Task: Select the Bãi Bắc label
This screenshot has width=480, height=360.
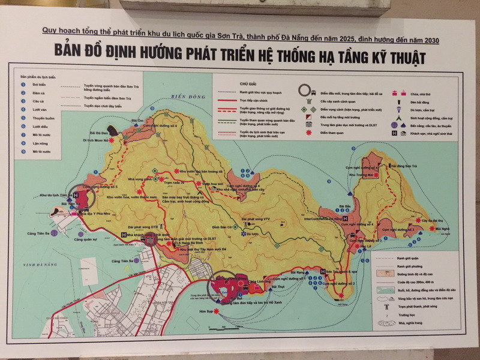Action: pos(344,205)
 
